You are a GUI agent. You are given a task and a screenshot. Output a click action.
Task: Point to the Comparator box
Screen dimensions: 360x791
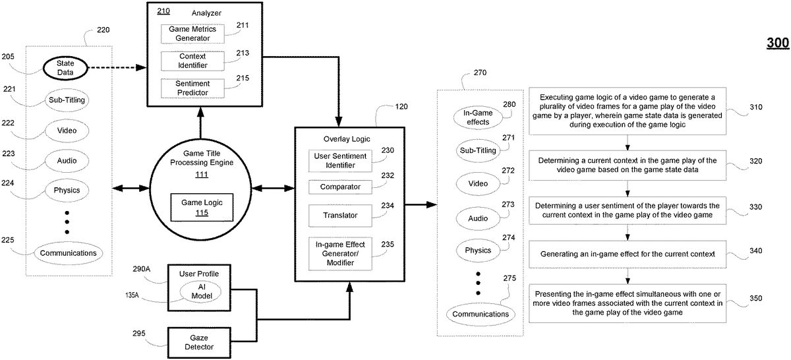[x=340, y=187]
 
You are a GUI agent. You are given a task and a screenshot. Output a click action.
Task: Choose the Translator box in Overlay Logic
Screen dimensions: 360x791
[x=340, y=215]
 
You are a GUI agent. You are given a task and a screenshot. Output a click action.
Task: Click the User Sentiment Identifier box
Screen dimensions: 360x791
[x=340, y=159]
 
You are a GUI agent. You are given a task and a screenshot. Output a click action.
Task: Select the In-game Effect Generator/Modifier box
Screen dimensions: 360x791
[x=340, y=253]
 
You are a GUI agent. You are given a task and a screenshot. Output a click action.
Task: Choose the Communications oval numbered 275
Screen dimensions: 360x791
[x=481, y=314]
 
